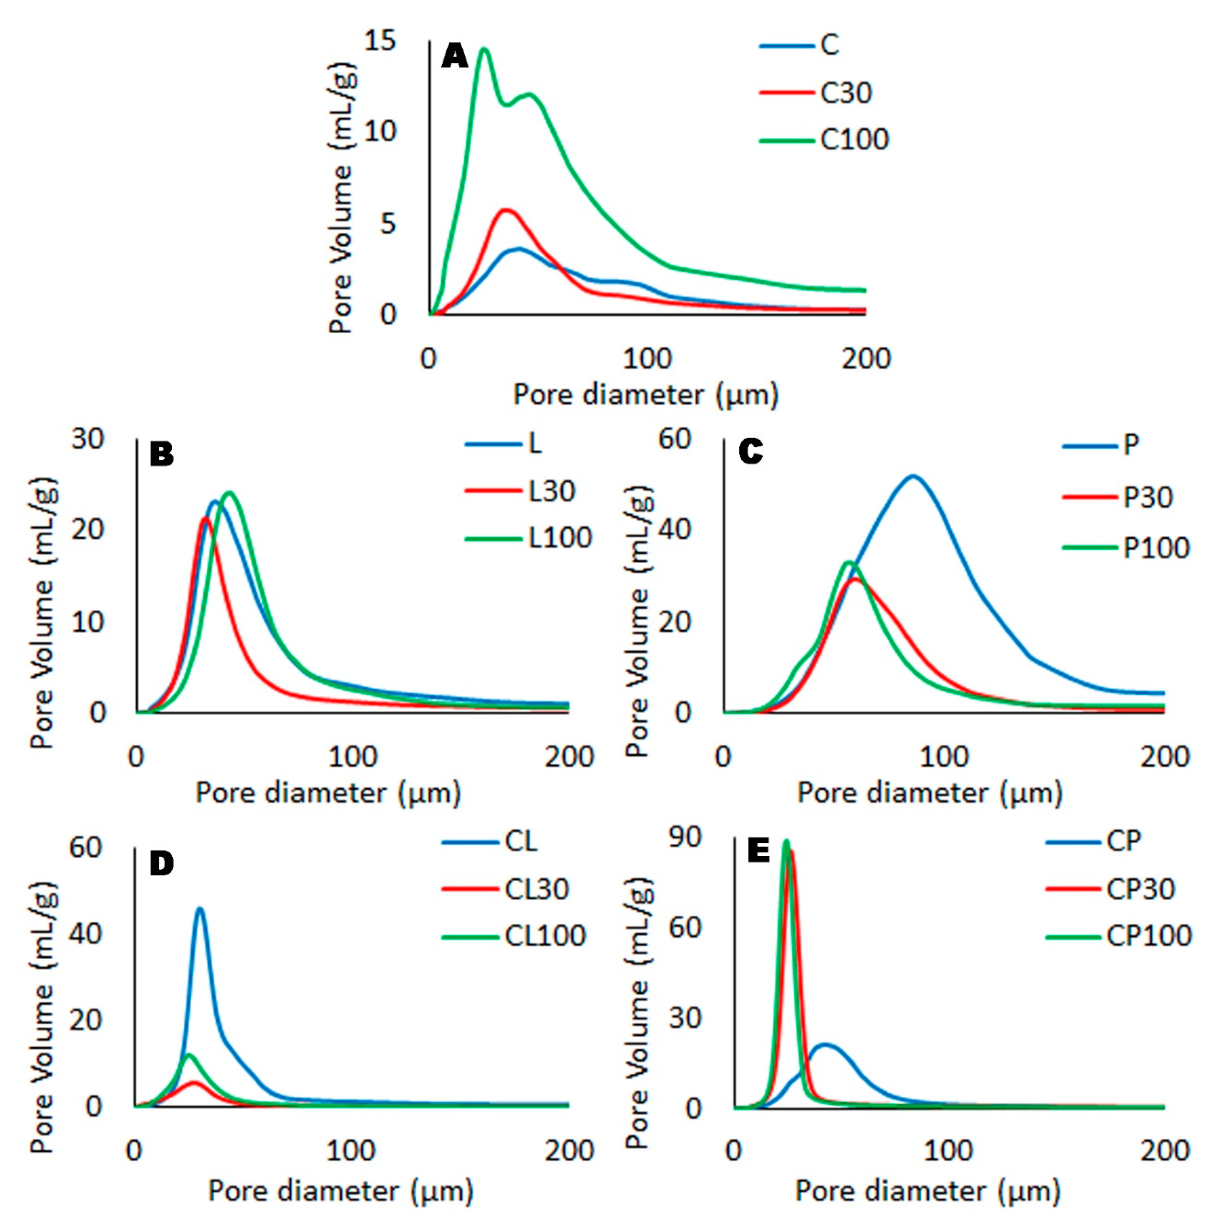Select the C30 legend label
point(846,93)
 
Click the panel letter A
point(455,57)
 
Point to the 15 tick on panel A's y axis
point(379,41)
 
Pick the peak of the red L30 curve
point(205,518)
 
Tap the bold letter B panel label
point(161,455)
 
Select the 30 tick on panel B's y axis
point(88,439)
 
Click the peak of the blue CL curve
point(200,909)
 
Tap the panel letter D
point(161,864)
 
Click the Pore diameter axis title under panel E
point(928,1191)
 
